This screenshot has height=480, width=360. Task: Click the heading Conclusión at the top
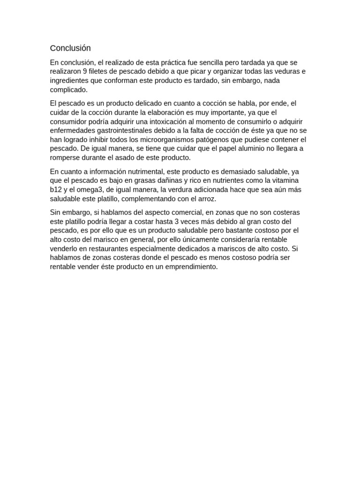point(70,48)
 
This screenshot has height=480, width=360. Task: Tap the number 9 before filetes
point(85,72)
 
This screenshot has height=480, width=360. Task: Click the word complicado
point(68,90)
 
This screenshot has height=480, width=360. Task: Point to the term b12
point(56,190)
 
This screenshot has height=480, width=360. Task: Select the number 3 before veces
point(176,221)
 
